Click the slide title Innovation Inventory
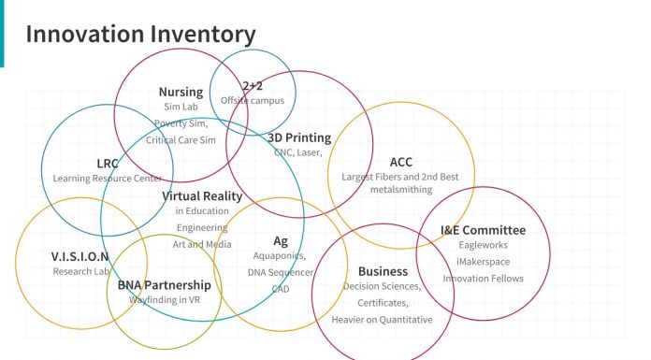pos(140,35)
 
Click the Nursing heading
pos(181,92)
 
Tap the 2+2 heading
pos(253,86)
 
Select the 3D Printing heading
pos(299,137)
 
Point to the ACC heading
pos(400,162)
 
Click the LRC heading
pos(108,163)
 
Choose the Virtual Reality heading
pos(202,196)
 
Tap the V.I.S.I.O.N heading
pos(80,256)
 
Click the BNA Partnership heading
pos(164,284)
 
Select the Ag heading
pos(281,240)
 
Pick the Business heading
pos(383,271)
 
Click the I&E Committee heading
pos(483,230)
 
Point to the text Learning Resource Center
pos(108,178)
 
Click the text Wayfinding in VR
pos(165,300)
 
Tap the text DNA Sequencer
pos(281,271)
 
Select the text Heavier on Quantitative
pos(382,320)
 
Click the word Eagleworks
pos(483,245)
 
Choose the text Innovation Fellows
pos(483,279)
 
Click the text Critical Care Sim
pos(181,139)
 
